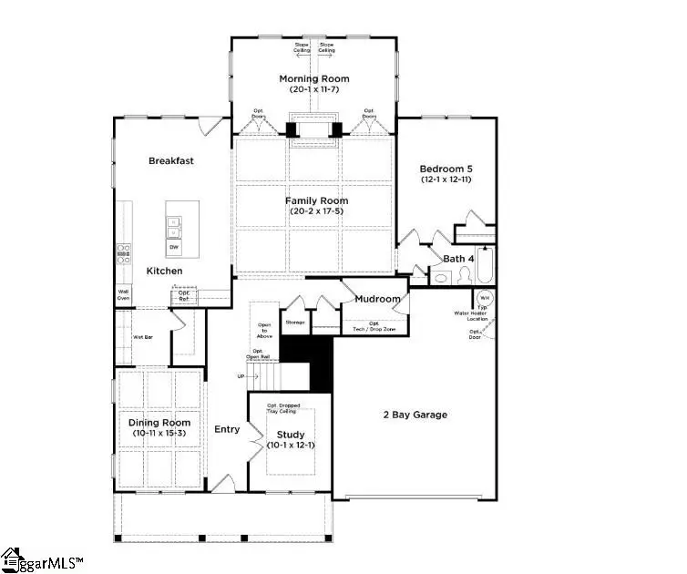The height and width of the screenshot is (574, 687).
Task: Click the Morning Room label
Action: (x=316, y=79)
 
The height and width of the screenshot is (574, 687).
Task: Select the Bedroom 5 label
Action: (x=446, y=169)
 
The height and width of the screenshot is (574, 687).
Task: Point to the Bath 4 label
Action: (x=458, y=259)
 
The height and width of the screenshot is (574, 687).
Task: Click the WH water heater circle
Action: (x=485, y=298)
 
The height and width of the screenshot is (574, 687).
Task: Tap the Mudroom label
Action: (x=377, y=299)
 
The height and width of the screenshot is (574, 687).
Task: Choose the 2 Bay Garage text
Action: (x=414, y=415)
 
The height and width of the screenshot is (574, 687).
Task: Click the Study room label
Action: (x=291, y=435)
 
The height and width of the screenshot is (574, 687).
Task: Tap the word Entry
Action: (x=227, y=429)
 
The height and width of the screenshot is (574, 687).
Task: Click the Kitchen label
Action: (x=165, y=272)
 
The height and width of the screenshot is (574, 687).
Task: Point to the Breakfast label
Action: (x=171, y=161)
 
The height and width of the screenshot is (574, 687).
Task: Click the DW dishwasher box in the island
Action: (x=173, y=247)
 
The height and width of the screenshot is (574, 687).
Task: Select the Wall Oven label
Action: (x=122, y=295)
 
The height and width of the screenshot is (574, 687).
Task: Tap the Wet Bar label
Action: (x=142, y=337)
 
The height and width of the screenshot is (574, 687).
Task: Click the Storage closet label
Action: (x=294, y=322)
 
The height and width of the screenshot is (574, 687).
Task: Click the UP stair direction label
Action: (x=241, y=375)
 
